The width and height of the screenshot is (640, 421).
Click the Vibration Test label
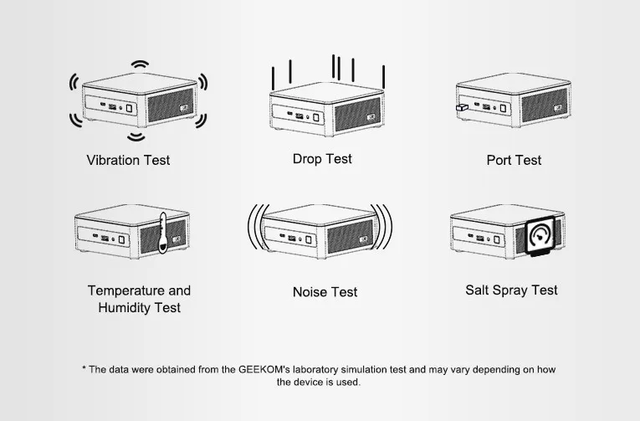128,160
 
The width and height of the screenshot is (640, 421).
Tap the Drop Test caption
322,159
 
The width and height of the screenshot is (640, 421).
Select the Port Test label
514,160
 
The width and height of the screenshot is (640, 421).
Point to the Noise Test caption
325,292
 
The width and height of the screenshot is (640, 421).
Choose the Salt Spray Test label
511,290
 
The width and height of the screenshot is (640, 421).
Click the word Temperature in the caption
126,290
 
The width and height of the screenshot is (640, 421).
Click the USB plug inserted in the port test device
460,109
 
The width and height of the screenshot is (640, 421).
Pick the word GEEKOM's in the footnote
265,369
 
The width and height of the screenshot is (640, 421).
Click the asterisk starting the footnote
84,369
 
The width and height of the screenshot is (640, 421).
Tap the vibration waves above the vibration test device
137,65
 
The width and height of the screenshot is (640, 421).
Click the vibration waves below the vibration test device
136,136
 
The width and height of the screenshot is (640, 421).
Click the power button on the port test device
504,107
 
